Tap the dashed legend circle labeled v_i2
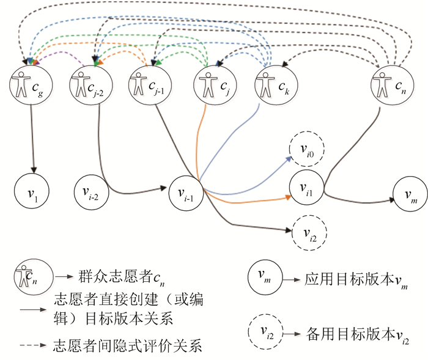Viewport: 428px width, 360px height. click(x=265, y=333)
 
